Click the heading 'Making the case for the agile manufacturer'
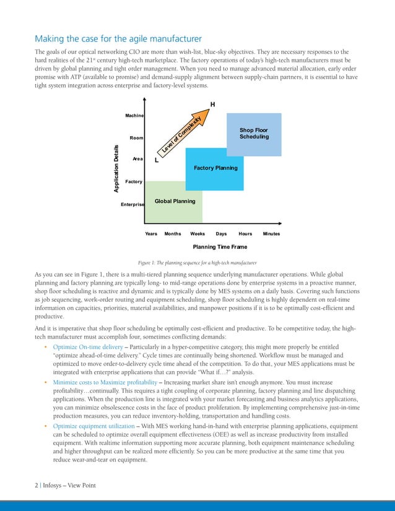pos(118,39)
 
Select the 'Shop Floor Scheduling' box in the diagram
pos(254,134)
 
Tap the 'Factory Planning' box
pos(215,168)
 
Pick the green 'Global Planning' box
pos(174,202)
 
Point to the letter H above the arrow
pos(212,104)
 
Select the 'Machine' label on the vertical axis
pos(134,116)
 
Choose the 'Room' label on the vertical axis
pos(136,138)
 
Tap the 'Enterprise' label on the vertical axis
pos(132,204)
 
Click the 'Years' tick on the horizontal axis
pos(151,234)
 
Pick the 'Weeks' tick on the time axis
pos(197,234)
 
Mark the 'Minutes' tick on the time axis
pos(271,234)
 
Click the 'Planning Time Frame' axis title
pos(215,247)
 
